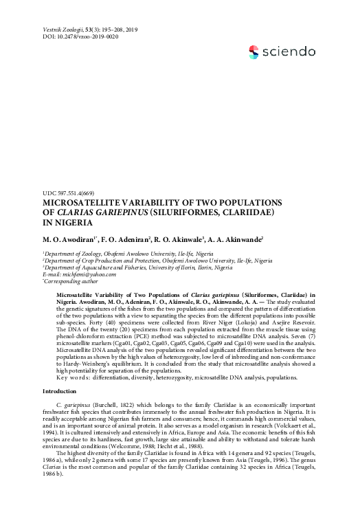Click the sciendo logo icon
255,50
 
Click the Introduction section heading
63,390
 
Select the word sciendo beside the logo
290,51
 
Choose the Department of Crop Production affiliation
157,261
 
